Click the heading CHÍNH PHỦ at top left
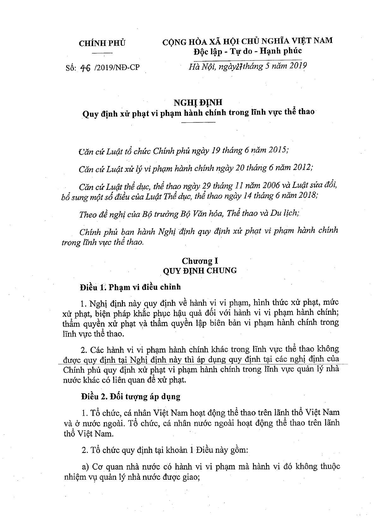pyautogui.click(x=102, y=43)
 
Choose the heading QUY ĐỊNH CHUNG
pyautogui.click(x=199, y=270)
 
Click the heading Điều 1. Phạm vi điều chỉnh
pyautogui.click(x=130, y=287)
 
